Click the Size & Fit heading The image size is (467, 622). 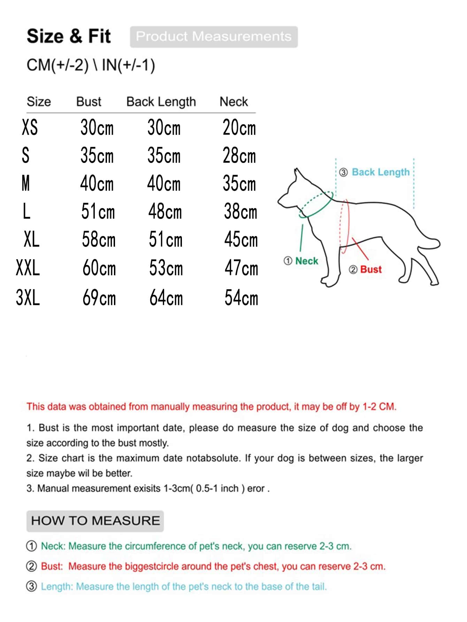coord(69,36)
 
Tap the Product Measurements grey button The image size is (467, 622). coord(214,37)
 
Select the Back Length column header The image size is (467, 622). coord(161,102)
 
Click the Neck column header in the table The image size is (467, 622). coord(233,102)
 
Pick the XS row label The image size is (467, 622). coord(30,127)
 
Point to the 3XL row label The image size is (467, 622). coord(28,298)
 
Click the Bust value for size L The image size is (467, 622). coord(98,212)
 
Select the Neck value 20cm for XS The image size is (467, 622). coord(239,128)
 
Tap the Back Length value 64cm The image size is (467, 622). coord(166,298)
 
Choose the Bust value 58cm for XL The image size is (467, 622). coord(99,240)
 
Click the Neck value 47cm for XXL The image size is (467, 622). coord(241,268)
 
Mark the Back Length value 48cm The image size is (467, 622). coord(165,212)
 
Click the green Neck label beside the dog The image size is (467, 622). coord(306,261)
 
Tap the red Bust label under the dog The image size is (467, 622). coord(371,269)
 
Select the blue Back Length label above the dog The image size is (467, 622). coord(381,172)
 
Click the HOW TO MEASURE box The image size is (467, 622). coord(95,521)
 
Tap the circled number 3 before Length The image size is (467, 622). coord(31,586)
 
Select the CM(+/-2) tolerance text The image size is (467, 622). coord(58,65)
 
